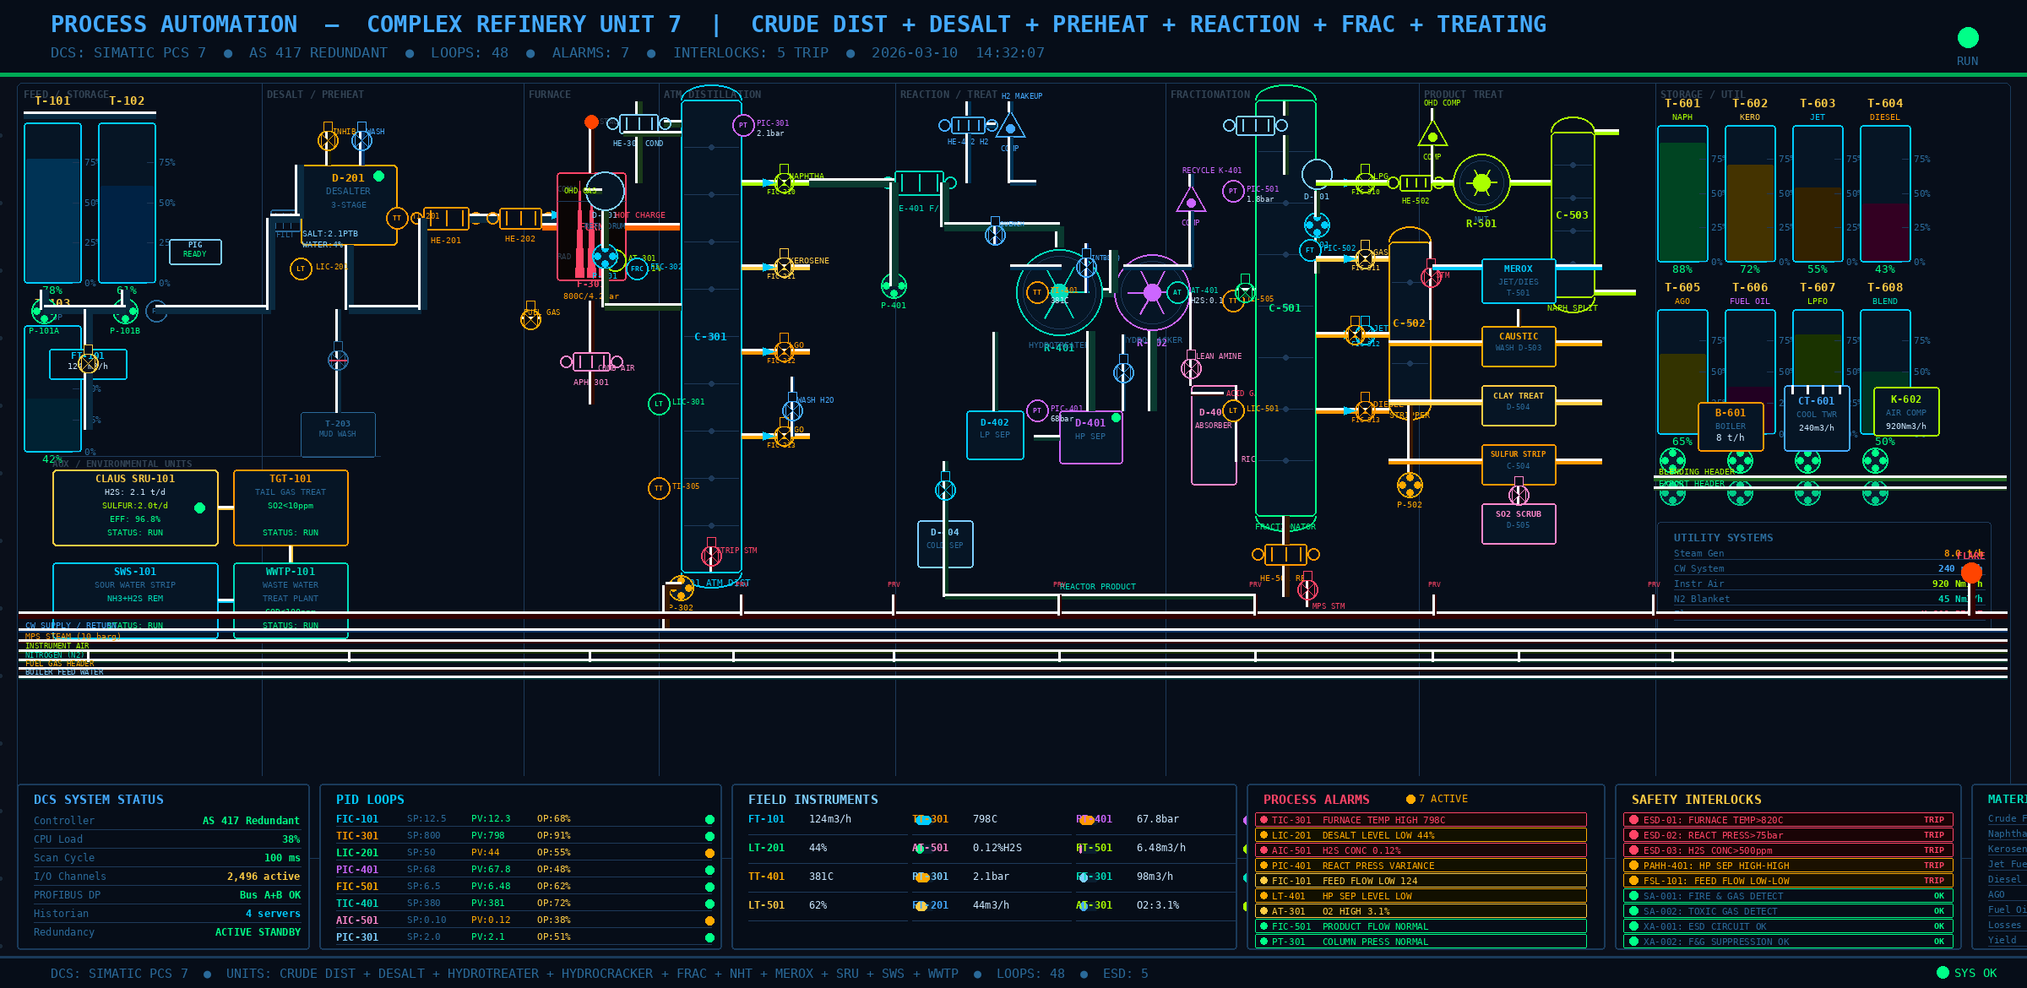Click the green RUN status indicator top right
pyautogui.click(x=1968, y=38)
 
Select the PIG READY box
pyautogui.click(x=195, y=251)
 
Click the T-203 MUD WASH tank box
pyautogui.click(x=338, y=433)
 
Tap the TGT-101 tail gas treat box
pyautogui.click(x=291, y=507)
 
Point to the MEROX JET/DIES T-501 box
pyautogui.click(x=1518, y=281)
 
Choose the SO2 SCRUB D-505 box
pyautogui.click(x=1518, y=524)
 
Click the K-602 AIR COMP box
pyautogui.click(x=1905, y=411)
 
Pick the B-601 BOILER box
pyautogui.click(x=1730, y=426)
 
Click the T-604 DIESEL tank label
pyautogui.click(x=1884, y=104)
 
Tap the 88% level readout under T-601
pyautogui.click(x=1682, y=269)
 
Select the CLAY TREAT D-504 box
pyautogui.click(x=1518, y=405)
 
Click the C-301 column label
pyautogui.click(x=710, y=337)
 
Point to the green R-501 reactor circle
pyautogui.click(x=1481, y=182)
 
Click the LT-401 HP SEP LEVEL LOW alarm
pyautogui.click(x=1420, y=896)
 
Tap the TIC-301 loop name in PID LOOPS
pyautogui.click(x=357, y=836)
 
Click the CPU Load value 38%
pyautogui.click(x=291, y=839)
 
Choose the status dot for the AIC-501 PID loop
pyautogui.click(x=709, y=920)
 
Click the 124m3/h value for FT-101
pyautogui.click(x=830, y=819)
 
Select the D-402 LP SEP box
pyautogui.click(x=994, y=434)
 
